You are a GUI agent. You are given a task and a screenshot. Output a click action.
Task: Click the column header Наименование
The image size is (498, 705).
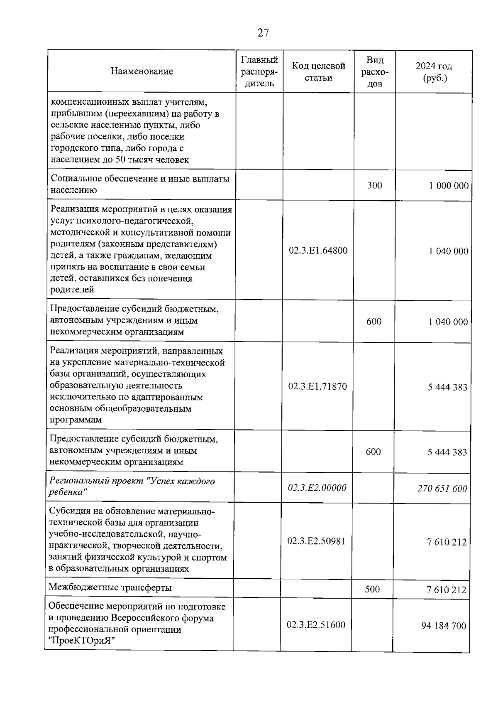tap(142, 71)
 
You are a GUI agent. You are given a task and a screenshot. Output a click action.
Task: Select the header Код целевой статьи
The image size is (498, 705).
tap(318, 71)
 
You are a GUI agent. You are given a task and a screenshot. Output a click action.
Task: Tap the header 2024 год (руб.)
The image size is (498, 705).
tap(434, 71)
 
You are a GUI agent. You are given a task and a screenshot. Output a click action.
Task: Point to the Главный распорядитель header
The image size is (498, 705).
tap(259, 71)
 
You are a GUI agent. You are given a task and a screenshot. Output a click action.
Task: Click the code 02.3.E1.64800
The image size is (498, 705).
tap(318, 251)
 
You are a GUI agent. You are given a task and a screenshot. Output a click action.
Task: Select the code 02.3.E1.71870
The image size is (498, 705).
tap(317, 386)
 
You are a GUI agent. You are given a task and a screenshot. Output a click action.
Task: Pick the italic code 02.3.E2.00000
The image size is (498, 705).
tap(317, 488)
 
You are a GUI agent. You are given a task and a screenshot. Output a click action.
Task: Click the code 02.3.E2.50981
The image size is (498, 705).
tap(317, 541)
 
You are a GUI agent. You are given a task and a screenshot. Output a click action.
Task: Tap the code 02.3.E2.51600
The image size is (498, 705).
tap(316, 625)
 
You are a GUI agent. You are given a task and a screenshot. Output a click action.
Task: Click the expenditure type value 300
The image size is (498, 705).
tap(375, 185)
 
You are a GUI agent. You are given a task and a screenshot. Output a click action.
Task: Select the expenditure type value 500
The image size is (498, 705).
tap(372, 589)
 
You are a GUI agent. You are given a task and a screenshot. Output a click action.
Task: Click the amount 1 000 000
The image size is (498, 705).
tap(449, 186)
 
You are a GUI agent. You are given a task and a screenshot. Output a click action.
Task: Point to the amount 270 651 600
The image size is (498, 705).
tap(442, 489)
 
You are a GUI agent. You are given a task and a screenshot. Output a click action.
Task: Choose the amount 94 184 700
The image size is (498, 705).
tap(444, 626)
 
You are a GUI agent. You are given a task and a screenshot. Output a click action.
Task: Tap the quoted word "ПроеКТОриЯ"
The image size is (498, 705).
tap(81, 641)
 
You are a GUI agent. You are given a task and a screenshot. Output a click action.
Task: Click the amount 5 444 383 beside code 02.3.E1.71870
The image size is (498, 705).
tap(447, 387)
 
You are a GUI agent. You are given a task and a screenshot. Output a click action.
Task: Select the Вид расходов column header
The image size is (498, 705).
tap(375, 71)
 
